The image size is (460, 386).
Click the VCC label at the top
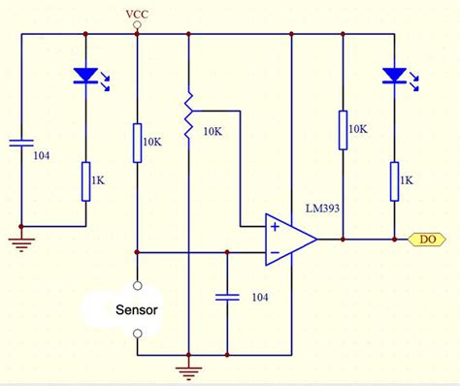(137, 14)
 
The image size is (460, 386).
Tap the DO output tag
(427, 238)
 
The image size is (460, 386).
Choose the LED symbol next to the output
(394, 76)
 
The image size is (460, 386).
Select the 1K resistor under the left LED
(85, 181)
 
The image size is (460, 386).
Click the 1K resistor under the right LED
(394, 181)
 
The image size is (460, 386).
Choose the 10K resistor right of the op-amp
(343, 131)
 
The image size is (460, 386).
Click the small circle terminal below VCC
(137, 32)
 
